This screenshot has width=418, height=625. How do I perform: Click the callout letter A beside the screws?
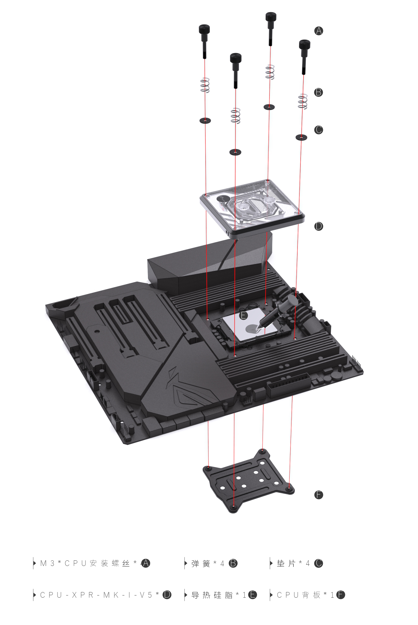pos(319,31)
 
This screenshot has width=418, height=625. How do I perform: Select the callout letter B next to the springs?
pos(319,92)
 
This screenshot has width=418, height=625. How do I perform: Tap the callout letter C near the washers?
pos(319,130)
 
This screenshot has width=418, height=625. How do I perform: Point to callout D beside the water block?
pos(319,226)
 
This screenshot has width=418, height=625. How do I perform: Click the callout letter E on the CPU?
pos(244,315)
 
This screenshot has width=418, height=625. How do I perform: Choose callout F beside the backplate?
pos(319,495)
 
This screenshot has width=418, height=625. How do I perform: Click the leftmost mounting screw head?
pos(204,30)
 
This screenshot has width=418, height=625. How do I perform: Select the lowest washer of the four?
pos(235,152)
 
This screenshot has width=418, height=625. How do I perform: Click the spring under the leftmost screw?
pos(204,85)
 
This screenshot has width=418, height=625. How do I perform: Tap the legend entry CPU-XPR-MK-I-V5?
pos(99,595)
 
